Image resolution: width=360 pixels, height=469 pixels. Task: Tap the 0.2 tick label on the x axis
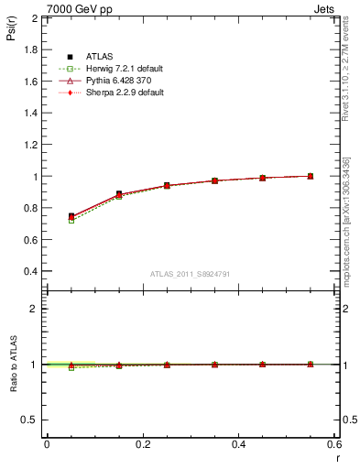(x=142, y=444)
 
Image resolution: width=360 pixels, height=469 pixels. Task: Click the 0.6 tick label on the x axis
(x=333, y=444)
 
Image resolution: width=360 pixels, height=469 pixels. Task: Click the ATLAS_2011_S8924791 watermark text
(x=190, y=274)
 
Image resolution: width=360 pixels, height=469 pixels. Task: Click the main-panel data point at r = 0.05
(x=71, y=216)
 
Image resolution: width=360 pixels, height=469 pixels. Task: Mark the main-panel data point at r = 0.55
(x=311, y=176)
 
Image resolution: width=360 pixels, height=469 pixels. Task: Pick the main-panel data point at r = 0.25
(x=167, y=185)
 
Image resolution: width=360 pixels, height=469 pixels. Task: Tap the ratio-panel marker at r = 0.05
(x=71, y=365)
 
